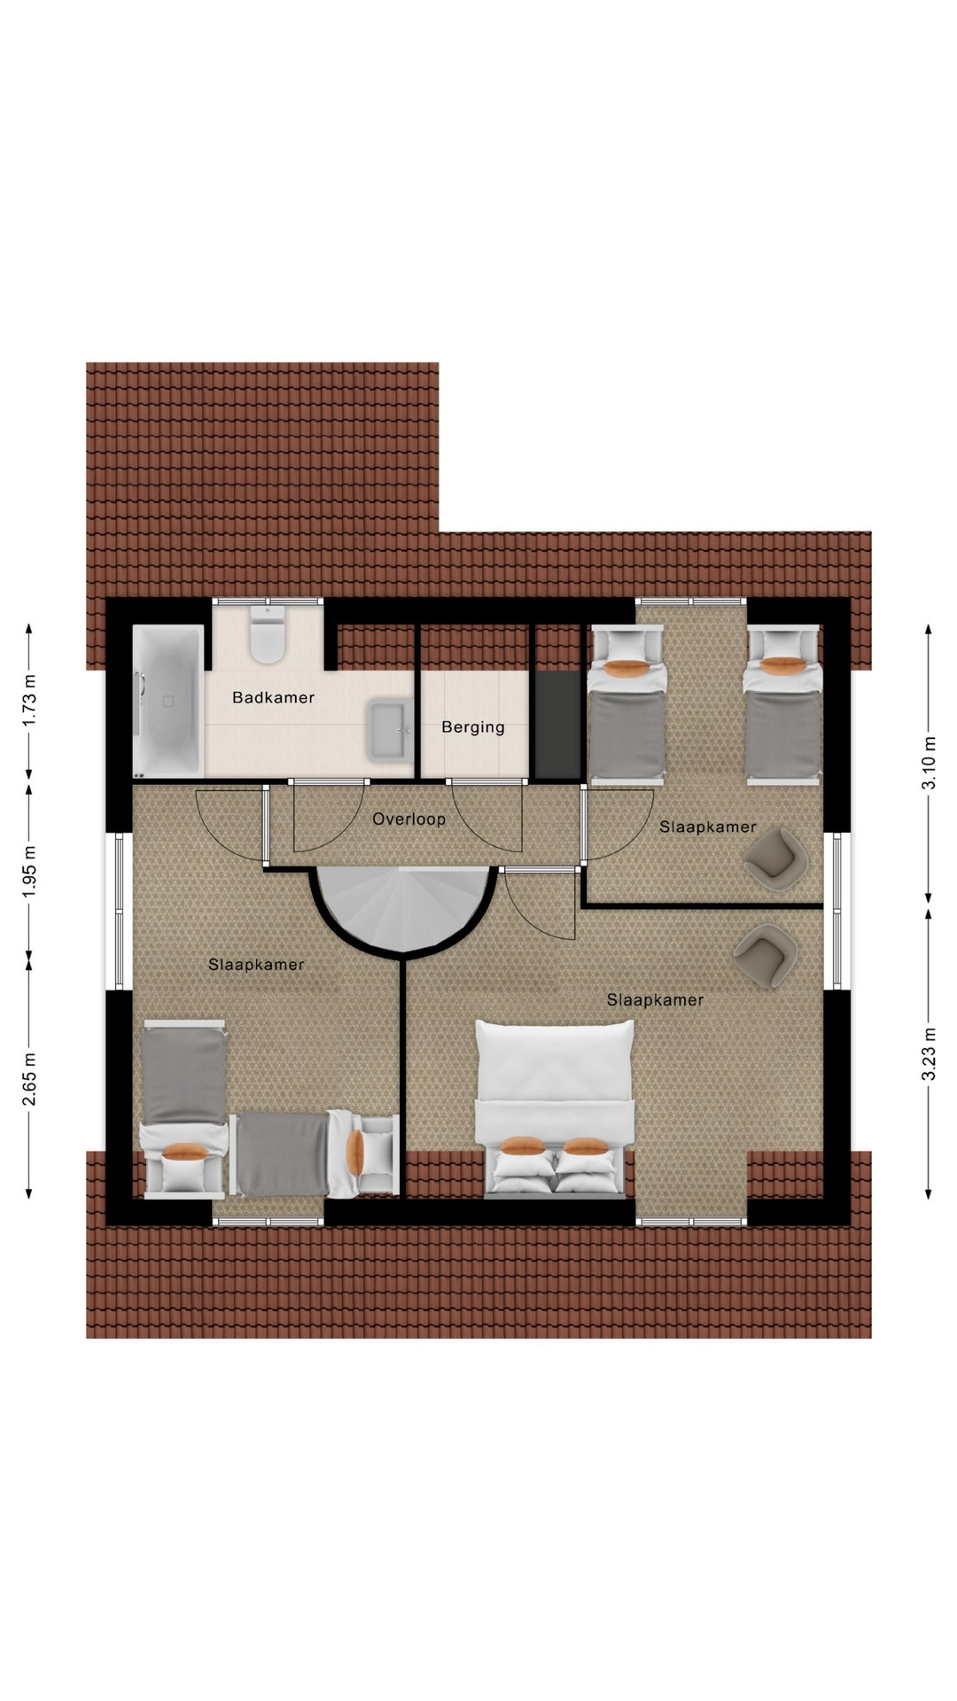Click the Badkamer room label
click(x=273, y=697)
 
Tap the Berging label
click(x=473, y=727)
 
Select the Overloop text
click(x=408, y=819)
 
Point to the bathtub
click(x=168, y=702)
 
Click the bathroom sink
click(x=391, y=730)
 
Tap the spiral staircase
click(x=403, y=909)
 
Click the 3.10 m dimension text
click(x=930, y=763)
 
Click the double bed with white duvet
click(x=556, y=1107)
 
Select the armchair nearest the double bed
click(x=766, y=954)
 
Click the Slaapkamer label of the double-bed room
click(x=655, y=999)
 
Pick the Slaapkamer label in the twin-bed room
click(x=707, y=827)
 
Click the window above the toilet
click(x=267, y=602)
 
